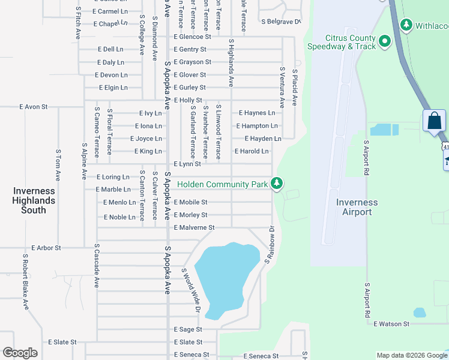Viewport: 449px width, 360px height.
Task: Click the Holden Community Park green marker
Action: pos(276,183)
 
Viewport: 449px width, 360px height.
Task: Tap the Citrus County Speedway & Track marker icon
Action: pos(385,41)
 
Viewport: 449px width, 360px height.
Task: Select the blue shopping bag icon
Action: pos(434,121)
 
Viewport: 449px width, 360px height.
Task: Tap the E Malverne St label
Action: pos(194,228)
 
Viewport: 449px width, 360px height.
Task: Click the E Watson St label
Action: pos(391,324)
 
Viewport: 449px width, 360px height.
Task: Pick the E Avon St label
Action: pos(33,107)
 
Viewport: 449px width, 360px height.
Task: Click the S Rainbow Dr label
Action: pos(270,245)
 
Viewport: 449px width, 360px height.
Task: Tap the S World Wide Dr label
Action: pos(190,290)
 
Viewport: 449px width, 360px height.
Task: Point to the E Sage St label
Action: pos(188,330)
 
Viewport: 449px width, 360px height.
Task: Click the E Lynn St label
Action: pos(187,164)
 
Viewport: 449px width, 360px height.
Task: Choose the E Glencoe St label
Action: pos(193,37)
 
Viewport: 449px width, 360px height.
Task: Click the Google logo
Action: pos(20,353)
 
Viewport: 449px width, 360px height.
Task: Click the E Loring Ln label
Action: pos(113,178)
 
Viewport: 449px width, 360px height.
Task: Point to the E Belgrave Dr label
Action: pos(280,21)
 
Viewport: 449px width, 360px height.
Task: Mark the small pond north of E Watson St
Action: pos(420,313)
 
